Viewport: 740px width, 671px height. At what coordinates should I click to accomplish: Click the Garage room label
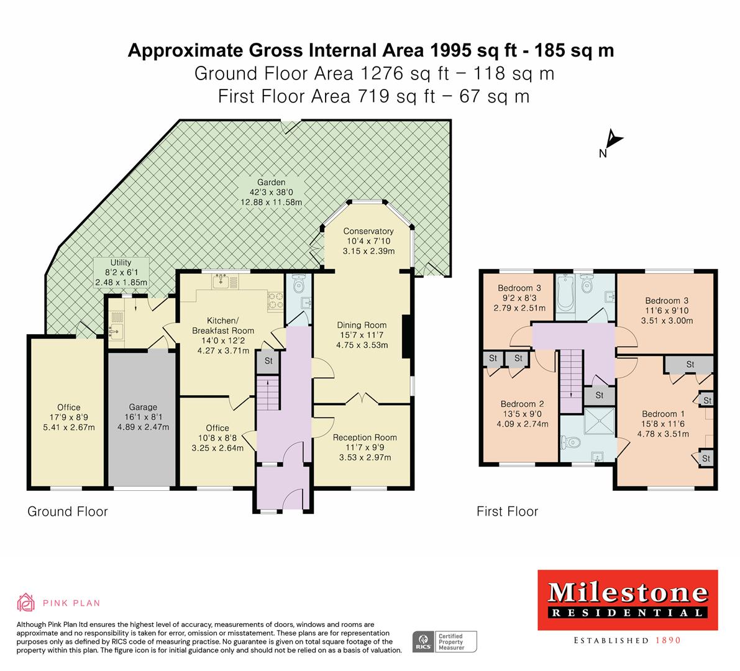tap(142, 408)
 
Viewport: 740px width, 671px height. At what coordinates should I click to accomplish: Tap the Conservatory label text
tap(368, 231)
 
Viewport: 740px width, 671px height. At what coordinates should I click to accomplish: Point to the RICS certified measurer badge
tap(445, 641)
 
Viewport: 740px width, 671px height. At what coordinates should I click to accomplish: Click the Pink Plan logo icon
tap(26, 602)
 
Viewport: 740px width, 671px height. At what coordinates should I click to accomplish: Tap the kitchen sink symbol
tap(221, 283)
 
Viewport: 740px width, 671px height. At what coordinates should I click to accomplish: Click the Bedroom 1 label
tap(659, 414)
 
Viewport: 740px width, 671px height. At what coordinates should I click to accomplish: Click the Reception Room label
tap(364, 437)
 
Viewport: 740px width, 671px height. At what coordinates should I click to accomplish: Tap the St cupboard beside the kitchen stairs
tap(268, 360)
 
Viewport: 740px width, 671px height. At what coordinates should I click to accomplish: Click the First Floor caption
tap(507, 511)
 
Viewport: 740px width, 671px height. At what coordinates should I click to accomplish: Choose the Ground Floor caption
tap(68, 511)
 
